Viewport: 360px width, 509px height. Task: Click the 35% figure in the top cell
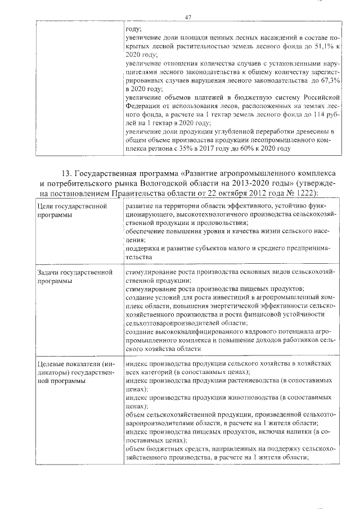(198, 148)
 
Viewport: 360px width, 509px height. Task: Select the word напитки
(299, 431)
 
